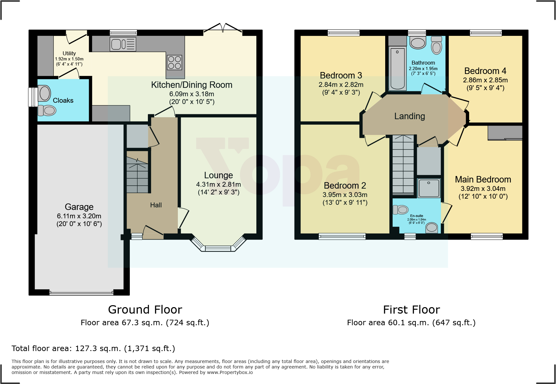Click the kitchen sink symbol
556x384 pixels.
(123, 44)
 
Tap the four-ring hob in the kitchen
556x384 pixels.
(174, 63)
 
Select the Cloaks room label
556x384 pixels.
(63, 100)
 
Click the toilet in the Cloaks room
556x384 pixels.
(47, 110)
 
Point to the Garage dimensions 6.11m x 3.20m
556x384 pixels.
(79, 216)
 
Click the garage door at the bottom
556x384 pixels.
(81, 293)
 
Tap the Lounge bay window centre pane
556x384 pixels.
(218, 248)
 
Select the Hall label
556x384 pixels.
(156, 205)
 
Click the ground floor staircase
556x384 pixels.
(138, 176)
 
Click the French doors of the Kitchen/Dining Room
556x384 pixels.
(223, 29)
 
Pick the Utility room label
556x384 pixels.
(69, 53)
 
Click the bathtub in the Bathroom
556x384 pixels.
(397, 68)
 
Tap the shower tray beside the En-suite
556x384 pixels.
(429, 188)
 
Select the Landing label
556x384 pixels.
(409, 116)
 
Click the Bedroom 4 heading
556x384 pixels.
(485, 71)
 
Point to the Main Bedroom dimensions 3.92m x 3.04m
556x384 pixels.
(483, 189)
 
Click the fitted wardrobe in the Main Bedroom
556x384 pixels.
(505, 133)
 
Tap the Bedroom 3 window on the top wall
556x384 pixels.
(344, 33)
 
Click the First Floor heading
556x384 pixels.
(411, 310)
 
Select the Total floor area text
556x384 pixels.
(93, 348)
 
